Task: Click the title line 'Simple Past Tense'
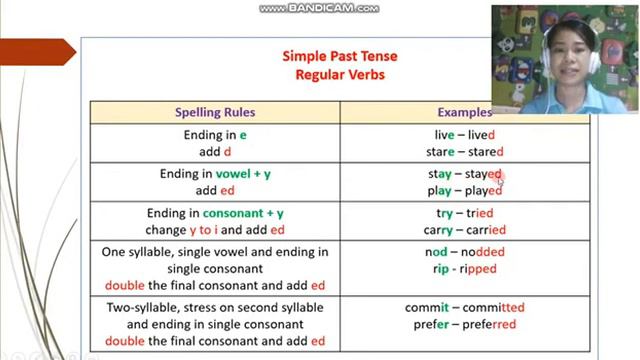pyautogui.click(x=340, y=56)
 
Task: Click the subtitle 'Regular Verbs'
pyautogui.click(x=340, y=74)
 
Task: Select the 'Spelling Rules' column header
pyautogui.click(x=215, y=112)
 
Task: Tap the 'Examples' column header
pyautogui.click(x=464, y=112)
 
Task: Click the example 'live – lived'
pyautogui.click(x=464, y=134)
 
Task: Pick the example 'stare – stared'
pyautogui.click(x=464, y=152)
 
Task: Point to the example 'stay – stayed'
pyautogui.click(x=464, y=174)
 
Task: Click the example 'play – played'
pyautogui.click(x=464, y=191)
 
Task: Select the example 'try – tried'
pyautogui.click(x=464, y=213)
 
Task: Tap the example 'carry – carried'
pyautogui.click(x=464, y=230)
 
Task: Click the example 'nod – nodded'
pyautogui.click(x=464, y=252)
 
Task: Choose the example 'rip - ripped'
pyautogui.click(x=464, y=269)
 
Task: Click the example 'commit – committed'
pyautogui.click(x=464, y=307)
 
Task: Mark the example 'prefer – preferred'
pyautogui.click(x=464, y=324)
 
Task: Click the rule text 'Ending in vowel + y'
pyautogui.click(x=215, y=174)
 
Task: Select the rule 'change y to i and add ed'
pyautogui.click(x=215, y=230)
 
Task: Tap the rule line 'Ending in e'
pyautogui.click(x=215, y=134)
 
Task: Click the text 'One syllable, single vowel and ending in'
pyautogui.click(x=215, y=252)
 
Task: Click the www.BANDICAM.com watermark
pyautogui.click(x=319, y=8)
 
